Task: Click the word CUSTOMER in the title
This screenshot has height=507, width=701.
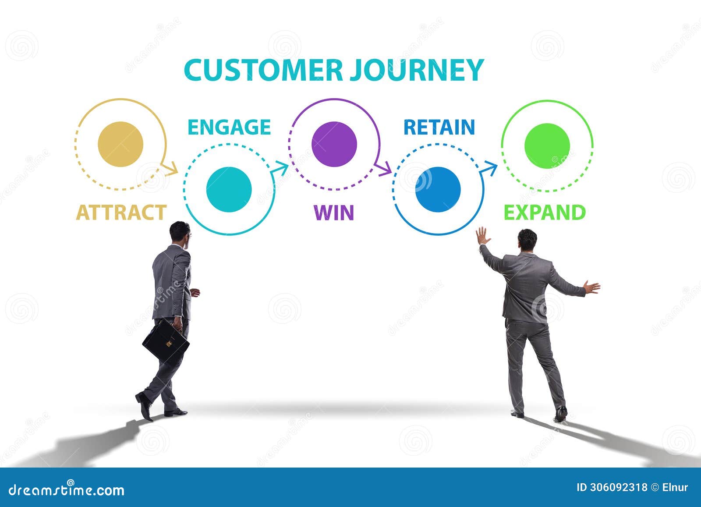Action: [x=263, y=70]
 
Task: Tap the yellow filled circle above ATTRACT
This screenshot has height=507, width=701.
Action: [x=120, y=144]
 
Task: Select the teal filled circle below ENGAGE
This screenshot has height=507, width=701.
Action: [x=229, y=189]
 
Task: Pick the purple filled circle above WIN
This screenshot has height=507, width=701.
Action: [x=334, y=144]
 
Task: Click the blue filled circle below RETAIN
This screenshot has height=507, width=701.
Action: [x=438, y=189]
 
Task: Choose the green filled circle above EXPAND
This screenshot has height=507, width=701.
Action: [x=547, y=145]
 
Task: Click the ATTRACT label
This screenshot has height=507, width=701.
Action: [x=121, y=213]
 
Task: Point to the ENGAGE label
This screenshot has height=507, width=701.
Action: [x=229, y=128]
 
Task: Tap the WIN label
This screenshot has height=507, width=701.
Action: [x=334, y=213]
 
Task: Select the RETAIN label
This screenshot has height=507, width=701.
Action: [x=439, y=128]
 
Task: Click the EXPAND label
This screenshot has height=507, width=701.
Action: [x=545, y=213]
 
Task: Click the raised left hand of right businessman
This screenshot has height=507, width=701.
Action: [x=482, y=236]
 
